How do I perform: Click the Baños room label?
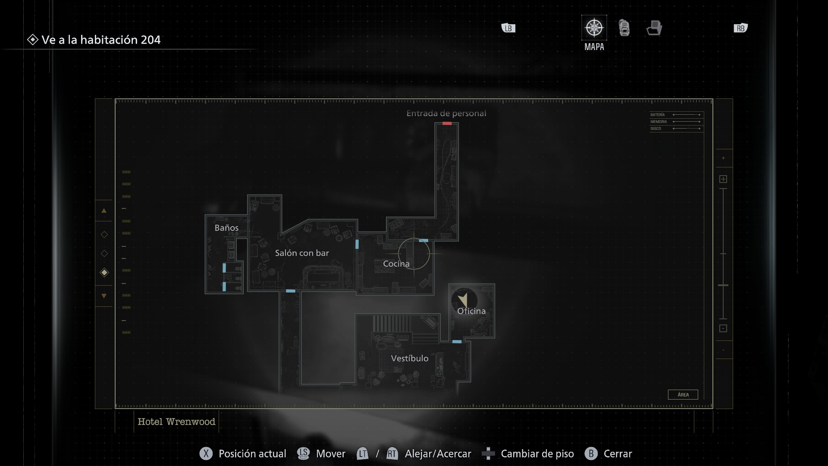point(226,228)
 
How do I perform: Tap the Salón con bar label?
point(302,253)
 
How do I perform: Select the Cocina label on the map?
point(396,264)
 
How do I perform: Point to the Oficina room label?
point(471,311)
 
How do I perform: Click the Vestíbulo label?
point(410,359)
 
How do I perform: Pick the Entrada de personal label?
point(446,113)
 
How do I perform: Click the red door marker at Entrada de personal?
point(447,123)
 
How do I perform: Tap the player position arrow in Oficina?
point(464,299)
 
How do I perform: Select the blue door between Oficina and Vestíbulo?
point(457,342)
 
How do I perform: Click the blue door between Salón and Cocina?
point(357,244)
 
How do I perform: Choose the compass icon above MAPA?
point(594,28)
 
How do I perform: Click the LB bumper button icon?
point(508,28)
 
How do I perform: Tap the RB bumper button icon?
point(740,28)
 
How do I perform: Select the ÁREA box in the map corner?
point(683,395)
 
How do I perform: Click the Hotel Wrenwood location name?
point(176,422)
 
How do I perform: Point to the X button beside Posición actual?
point(206,453)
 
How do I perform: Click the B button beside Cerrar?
point(591,453)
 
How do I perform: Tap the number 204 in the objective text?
point(151,40)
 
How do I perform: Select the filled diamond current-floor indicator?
point(104,272)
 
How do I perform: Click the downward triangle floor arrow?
point(104,296)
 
